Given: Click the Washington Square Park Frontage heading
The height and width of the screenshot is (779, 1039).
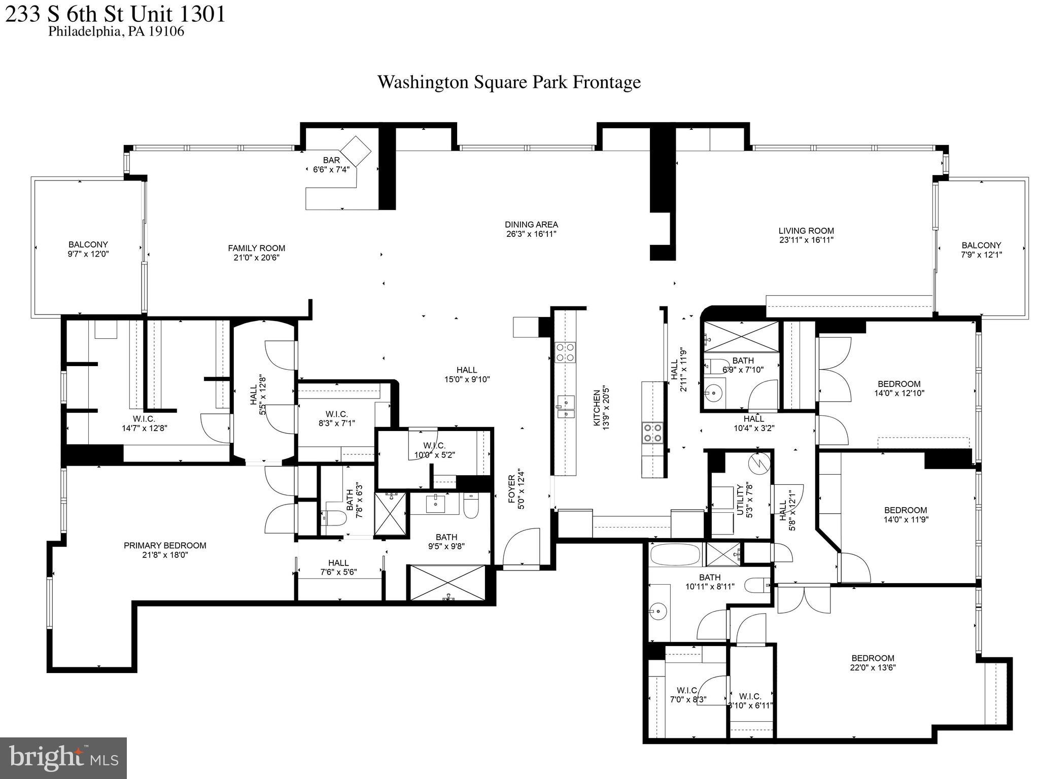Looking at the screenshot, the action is pyautogui.click(x=509, y=82).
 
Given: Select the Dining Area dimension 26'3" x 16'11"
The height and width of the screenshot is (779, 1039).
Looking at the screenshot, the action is pyautogui.click(x=531, y=234).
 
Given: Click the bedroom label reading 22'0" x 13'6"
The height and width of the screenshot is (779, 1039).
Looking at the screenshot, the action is pyautogui.click(x=873, y=663).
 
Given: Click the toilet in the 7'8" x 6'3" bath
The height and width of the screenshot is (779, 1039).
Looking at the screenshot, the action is pyautogui.click(x=334, y=518).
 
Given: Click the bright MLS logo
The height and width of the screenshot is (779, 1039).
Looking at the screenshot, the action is pyautogui.click(x=63, y=758).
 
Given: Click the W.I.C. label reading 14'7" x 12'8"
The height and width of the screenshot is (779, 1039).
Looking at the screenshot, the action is pyautogui.click(x=144, y=423).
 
